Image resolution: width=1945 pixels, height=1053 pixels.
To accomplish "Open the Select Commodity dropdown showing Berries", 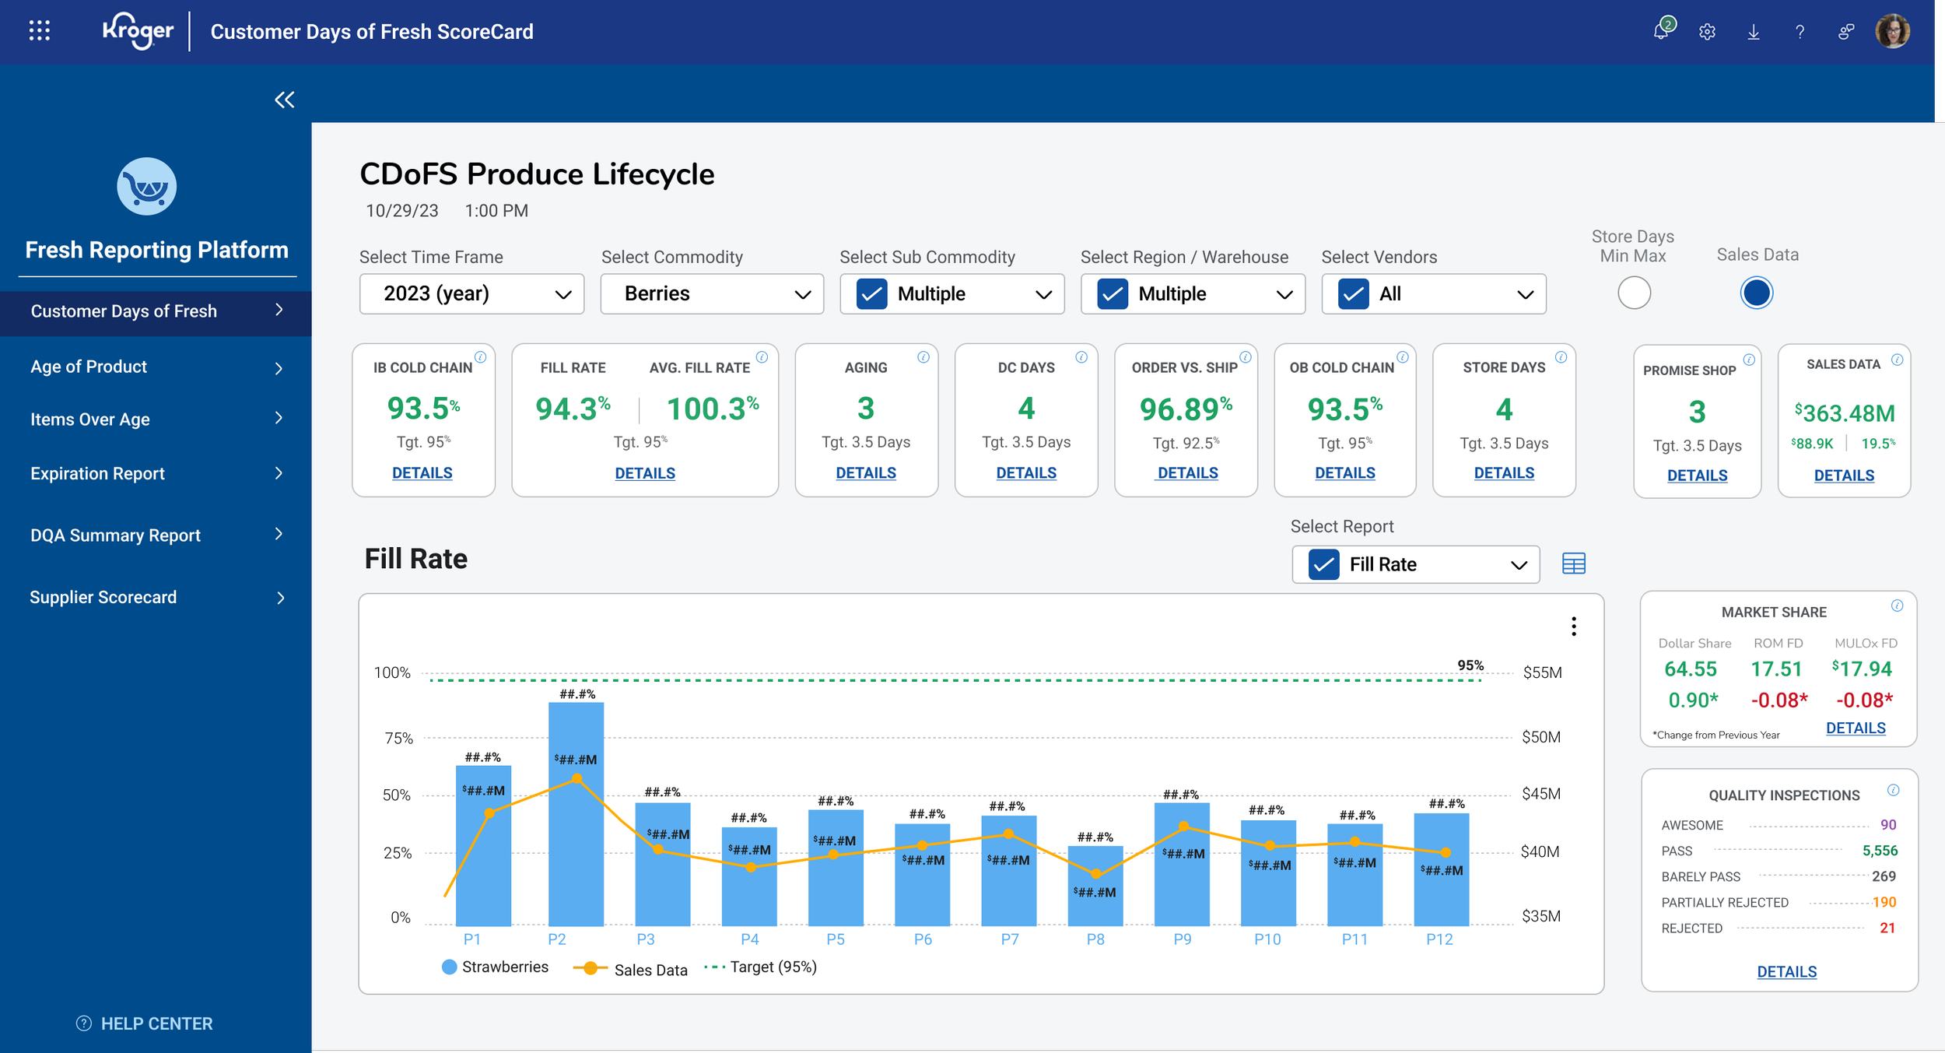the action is coord(712,293).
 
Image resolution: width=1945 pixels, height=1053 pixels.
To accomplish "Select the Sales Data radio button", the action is coord(1756,293).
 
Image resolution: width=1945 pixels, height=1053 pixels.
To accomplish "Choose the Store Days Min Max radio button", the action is coord(1634,293).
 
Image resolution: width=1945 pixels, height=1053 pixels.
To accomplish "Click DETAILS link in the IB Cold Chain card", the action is coord(422,472).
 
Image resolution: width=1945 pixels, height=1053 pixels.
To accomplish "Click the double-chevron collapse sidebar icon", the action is coord(285,100).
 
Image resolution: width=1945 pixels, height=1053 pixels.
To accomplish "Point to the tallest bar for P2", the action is coord(576,813).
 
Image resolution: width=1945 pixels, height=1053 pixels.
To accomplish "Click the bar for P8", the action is coord(1095,886).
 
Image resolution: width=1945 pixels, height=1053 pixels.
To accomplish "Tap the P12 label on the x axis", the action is coord(1439,939).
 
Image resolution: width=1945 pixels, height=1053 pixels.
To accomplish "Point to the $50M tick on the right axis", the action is coord(1541,737).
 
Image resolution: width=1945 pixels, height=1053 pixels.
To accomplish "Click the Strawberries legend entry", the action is coord(495,967).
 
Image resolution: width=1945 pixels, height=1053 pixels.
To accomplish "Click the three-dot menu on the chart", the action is coord(1574,627).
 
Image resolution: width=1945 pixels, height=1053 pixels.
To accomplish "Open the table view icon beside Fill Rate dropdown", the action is coord(1574,563).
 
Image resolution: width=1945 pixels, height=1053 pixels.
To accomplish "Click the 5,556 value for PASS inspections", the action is coord(1880,851).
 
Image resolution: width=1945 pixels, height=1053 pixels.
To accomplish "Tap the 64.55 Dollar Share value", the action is coord(1691,669).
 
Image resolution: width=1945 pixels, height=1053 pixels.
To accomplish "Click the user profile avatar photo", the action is coord(1893,31).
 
